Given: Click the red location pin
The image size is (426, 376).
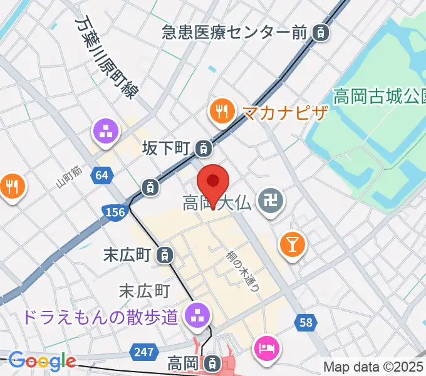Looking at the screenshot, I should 213,183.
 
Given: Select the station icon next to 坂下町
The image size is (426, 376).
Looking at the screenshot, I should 203,149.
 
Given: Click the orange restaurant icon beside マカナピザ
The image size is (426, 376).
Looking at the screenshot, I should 221,112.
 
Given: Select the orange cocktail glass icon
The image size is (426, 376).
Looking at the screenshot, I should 293,242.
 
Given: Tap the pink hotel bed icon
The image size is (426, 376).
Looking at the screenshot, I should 266,347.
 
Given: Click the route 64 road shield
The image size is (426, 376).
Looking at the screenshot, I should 103,175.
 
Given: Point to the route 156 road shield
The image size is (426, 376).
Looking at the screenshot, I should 114,213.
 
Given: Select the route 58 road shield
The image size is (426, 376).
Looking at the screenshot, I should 305,322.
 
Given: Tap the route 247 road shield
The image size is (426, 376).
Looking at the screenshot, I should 145,351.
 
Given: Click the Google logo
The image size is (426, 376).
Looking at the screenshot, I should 42,361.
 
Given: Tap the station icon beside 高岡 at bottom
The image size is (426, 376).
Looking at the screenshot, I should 214,362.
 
